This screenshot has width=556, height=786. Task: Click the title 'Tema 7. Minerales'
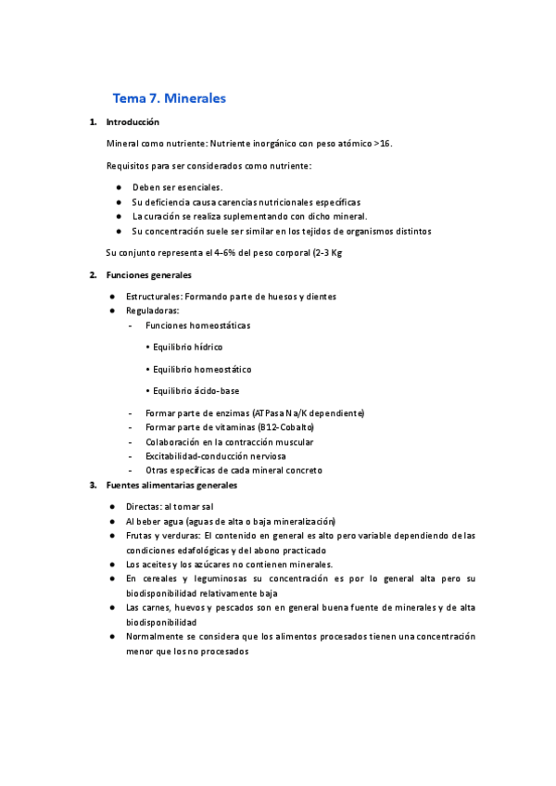pos(169,97)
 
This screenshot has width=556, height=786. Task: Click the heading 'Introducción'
pos(133,121)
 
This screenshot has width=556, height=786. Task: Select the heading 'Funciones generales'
pos(149,275)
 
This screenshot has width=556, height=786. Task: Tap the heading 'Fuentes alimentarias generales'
pos(171,485)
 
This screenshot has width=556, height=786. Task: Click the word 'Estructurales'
pos(153,297)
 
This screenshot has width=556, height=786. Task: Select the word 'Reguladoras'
pos(152,311)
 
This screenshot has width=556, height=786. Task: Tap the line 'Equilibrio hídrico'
pos(187,347)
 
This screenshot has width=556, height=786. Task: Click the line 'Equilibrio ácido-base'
pos(196,391)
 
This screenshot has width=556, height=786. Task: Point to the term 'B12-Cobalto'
pos(288,427)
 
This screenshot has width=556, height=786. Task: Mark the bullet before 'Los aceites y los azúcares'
pos(112,564)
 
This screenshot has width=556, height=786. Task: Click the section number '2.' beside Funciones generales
pos(93,275)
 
